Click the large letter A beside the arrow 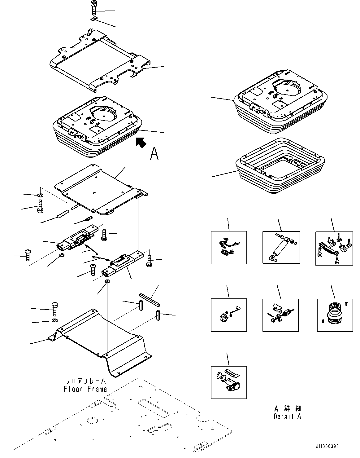pos(154,154)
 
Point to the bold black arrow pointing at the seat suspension pos(141,143)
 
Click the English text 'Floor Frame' pos(85,389)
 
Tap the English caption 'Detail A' pos(287,417)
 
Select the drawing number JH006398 pos(327,447)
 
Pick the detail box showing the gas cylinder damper pos(281,247)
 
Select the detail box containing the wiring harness pos(229,247)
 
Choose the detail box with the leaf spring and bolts pos(334,248)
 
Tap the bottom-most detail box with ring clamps pos(229,382)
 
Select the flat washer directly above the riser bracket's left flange pos(54,320)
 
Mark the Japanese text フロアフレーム pos(85,381)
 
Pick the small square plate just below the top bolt pos(94,20)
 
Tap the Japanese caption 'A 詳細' pos(287,408)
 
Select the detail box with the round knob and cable pos(229,315)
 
